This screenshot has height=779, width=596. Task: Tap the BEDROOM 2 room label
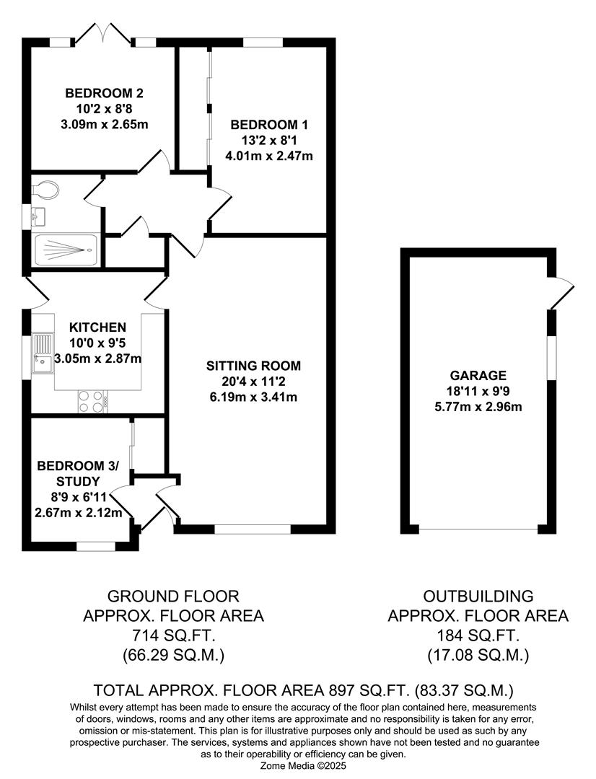click(105, 93)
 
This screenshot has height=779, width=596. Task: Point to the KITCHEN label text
click(98, 327)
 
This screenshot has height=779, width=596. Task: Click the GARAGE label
click(478, 375)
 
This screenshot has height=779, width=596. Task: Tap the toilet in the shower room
click(46, 190)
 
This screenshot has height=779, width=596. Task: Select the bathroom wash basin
click(40, 216)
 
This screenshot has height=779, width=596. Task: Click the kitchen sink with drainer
click(43, 354)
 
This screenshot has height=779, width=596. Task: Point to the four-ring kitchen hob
click(91, 402)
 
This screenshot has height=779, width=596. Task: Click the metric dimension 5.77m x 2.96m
click(478, 407)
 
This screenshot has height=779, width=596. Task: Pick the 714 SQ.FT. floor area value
click(173, 635)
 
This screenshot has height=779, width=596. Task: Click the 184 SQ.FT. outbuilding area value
click(478, 635)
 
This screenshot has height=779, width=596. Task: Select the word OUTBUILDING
click(478, 597)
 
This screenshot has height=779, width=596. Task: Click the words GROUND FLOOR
click(173, 597)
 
